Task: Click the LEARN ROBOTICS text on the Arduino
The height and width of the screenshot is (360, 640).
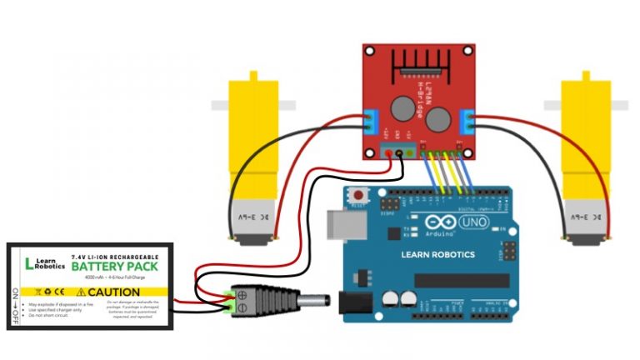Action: pyautogui.click(x=437, y=254)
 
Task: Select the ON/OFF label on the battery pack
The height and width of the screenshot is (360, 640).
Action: pyautogui.click(x=15, y=304)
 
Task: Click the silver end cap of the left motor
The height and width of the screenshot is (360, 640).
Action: pyautogui.click(x=247, y=223)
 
